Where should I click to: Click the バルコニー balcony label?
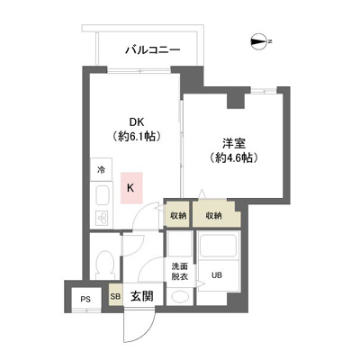pyautogui.click(x=153, y=49)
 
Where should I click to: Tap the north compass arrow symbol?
pyautogui.click(x=258, y=41)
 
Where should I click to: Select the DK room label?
pyautogui.click(x=137, y=122)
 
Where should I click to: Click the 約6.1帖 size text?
pyautogui.click(x=136, y=137)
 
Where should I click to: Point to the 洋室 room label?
pyautogui.click(x=234, y=143)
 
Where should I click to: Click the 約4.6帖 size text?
pyautogui.click(x=234, y=157)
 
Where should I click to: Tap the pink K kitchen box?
pyautogui.click(x=131, y=188)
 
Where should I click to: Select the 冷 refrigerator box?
pyautogui.click(x=102, y=170)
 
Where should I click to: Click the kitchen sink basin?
pyautogui.click(x=103, y=195)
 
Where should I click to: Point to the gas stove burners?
pyautogui.click(x=103, y=218)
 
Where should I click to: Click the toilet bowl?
pyautogui.click(x=105, y=264)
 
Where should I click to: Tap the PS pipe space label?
pyautogui.click(x=85, y=300)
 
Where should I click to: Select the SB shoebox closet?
pyautogui.click(x=115, y=296)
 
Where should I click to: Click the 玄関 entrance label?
pyautogui.click(x=141, y=296)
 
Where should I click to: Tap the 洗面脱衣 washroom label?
pyautogui.click(x=180, y=271)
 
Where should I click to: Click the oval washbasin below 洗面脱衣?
pyautogui.click(x=180, y=297)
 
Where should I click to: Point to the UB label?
pyautogui.click(x=217, y=274)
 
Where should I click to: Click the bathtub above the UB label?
pyautogui.click(x=219, y=245)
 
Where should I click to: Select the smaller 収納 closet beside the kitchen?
pyautogui.click(x=178, y=215)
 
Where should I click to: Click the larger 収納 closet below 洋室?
pyautogui.click(x=214, y=215)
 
